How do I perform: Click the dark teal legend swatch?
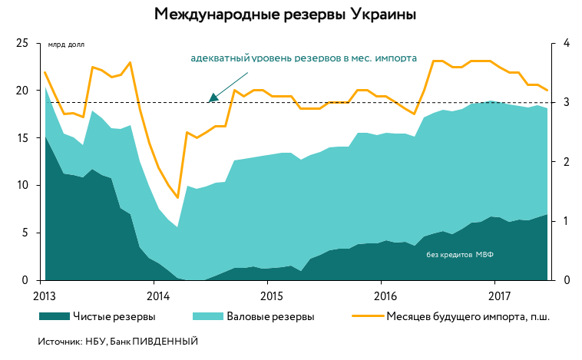tap(55, 316)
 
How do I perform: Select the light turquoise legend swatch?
tap(207, 316)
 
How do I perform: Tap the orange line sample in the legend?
tap(368, 315)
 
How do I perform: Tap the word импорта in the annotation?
tap(396, 58)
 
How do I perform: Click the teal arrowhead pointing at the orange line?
tap(213, 98)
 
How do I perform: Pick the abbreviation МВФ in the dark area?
tap(484, 255)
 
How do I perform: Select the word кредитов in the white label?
tap(456, 255)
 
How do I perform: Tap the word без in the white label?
tap(432, 255)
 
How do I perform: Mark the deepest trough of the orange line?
tap(177, 197)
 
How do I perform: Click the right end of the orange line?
tap(547, 90)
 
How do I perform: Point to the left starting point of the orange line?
tap(45, 73)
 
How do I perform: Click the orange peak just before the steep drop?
tap(130, 63)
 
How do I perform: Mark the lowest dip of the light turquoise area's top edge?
tap(177, 226)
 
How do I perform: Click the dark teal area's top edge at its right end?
tap(547, 214)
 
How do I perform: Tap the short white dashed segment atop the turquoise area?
tap(493, 101)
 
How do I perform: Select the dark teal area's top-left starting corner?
tap(45, 135)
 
